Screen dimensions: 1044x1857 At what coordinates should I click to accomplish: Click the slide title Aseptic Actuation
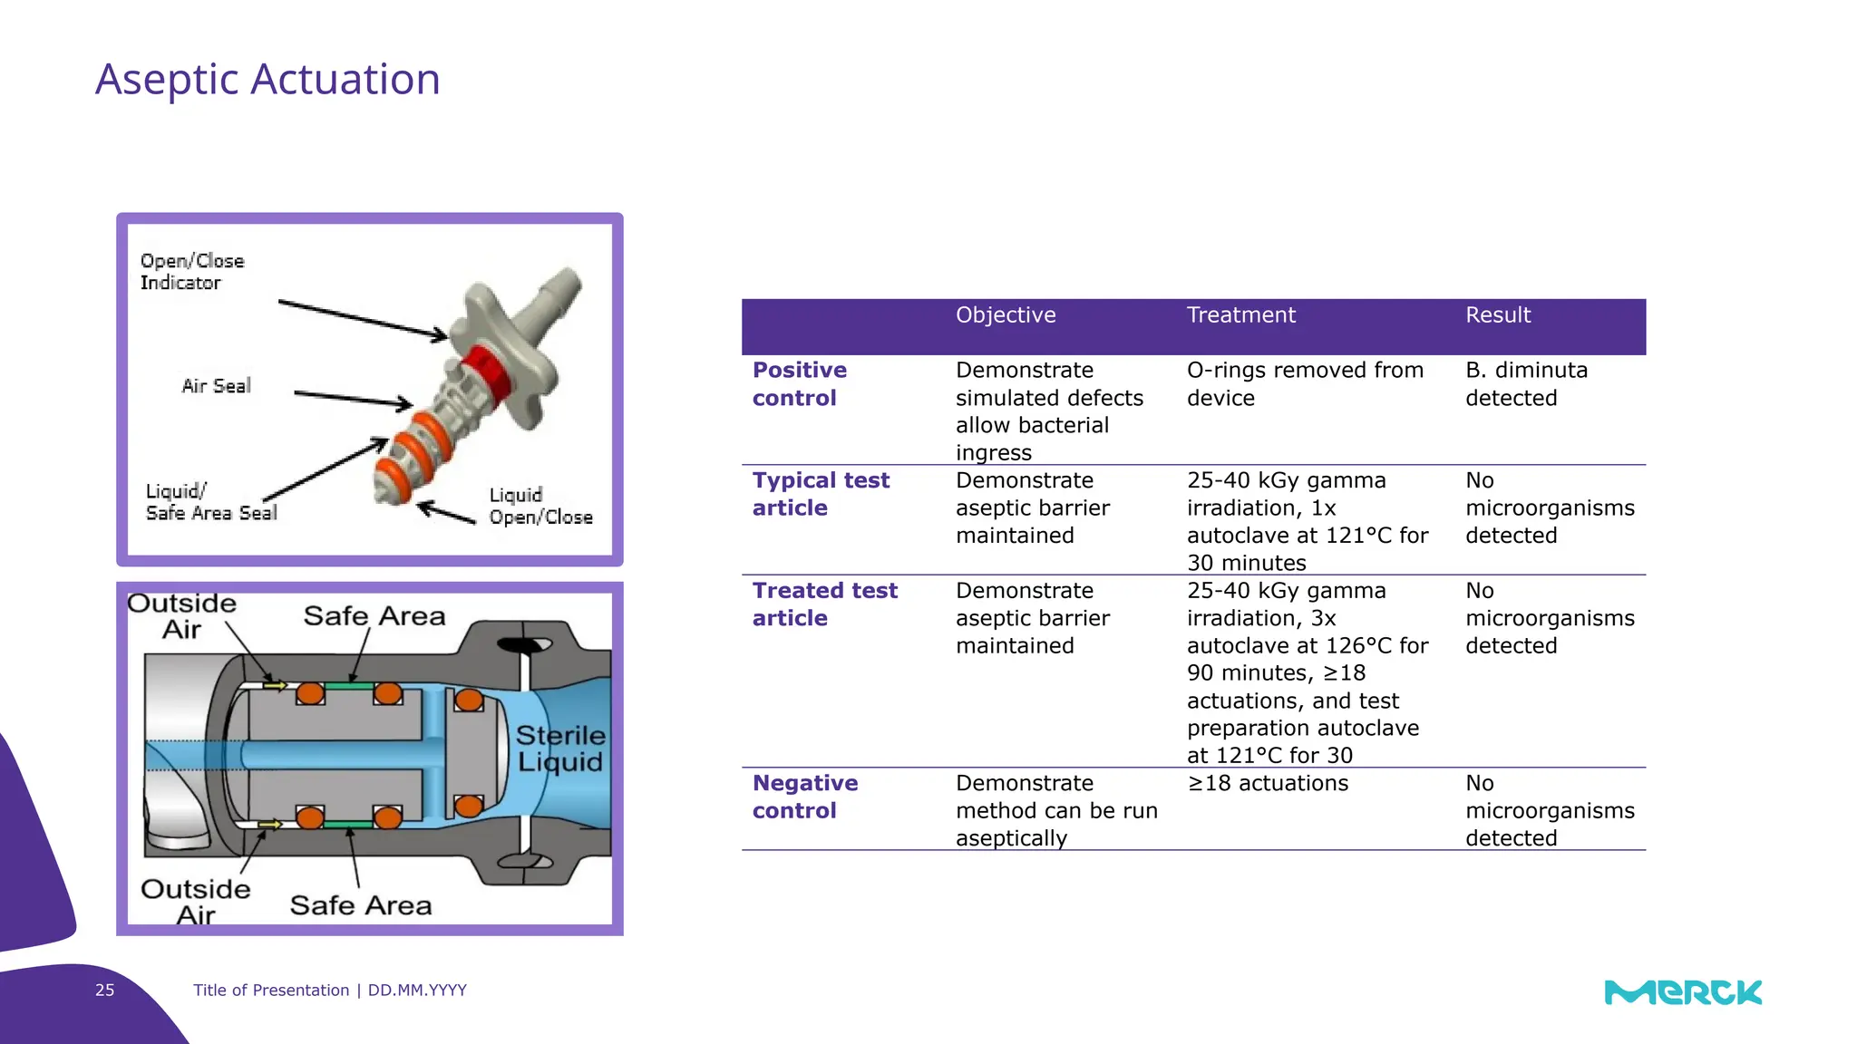coord(267,80)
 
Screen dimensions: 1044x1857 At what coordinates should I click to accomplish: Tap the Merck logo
coord(1682,992)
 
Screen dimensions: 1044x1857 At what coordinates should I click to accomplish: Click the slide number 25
coord(105,990)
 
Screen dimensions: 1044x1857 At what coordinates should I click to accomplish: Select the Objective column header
coord(1005,315)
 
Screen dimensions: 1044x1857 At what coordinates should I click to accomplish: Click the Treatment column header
coord(1240,315)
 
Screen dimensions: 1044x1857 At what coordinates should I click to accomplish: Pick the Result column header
coord(1497,315)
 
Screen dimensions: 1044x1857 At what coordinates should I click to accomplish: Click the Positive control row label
coord(799,384)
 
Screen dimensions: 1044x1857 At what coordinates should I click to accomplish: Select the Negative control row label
coord(804,797)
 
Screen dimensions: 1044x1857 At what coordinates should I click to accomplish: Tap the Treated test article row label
coord(824,604)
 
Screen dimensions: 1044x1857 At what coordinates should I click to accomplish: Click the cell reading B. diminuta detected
coord(1526,384)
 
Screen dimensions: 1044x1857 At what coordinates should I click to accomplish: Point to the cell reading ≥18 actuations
coord(1268,783)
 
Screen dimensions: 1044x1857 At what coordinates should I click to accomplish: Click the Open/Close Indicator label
coord(191,272)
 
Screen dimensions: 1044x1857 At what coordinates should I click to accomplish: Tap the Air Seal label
coord(216,386)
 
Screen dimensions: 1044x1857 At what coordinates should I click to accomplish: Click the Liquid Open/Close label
coord(540,507)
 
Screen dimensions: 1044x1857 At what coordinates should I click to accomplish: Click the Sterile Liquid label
coord(560,749)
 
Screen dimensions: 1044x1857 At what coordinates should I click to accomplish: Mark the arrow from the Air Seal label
coord(353,399)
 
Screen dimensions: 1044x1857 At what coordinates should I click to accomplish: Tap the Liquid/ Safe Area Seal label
coord(210,502)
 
